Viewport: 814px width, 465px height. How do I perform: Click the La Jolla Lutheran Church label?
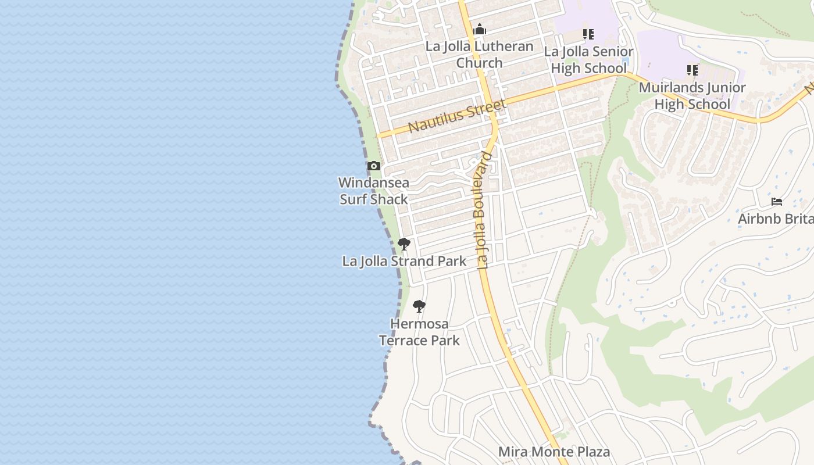[x=479, y=55]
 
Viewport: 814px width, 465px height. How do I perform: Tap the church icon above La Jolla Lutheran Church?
[x=479, y=29]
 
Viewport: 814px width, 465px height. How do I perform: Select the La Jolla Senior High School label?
[x=588, y=60]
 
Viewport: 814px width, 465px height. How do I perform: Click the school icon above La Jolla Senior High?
[x=588, y=34]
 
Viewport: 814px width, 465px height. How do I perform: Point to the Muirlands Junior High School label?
[x=692, y=96]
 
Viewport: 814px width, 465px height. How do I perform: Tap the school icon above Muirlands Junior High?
[x=692, y=70]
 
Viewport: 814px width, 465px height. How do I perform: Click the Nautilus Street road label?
[x=456, y=116]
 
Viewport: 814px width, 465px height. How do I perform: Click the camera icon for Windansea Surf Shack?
[x=374, y=166]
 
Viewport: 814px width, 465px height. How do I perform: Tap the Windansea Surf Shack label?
[x=374, y=191]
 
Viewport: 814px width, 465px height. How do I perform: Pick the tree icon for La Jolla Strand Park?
[x=404, y=244]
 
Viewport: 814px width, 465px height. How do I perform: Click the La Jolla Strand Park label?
[x=404, y=262]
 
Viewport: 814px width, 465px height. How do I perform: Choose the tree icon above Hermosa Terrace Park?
[x=419, y=306]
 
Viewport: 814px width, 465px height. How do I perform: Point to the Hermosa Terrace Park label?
[x=419, y=332]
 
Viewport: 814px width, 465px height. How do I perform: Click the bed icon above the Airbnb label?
[x=777, y=202]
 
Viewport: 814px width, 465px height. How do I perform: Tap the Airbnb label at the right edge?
[x=776, y=219]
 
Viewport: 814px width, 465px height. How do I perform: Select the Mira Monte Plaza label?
[x=554, y=452]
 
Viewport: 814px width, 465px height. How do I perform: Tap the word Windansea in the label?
[x=374, y=183]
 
